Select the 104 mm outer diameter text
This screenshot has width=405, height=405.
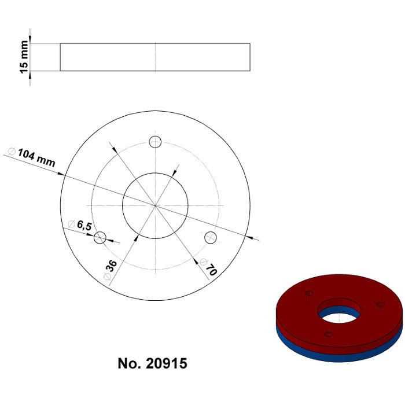[36, 157]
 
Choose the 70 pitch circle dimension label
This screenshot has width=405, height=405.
[211, 269]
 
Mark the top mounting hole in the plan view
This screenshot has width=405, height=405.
[155, 142]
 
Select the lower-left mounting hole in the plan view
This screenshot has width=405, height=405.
[100, 237]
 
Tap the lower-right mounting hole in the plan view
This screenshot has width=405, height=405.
[210, 237]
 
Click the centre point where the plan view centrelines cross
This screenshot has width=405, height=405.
[155, 205]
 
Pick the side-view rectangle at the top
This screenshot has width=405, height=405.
[155, 57]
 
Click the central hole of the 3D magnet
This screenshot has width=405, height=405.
[339, 312]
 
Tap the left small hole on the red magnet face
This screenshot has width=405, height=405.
[308, 293]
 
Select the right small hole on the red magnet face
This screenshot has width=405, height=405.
[380, 304]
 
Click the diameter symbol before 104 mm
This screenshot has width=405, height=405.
[12, 151]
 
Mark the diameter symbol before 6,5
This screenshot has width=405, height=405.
[71, 223]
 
